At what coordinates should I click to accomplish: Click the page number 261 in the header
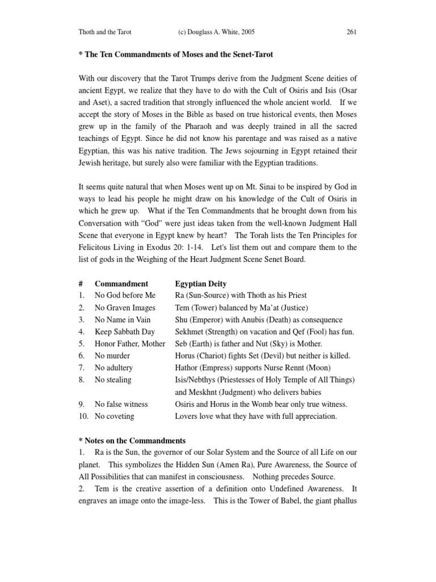tap(351, 32)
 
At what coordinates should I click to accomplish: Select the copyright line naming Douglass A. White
tap(208, 32)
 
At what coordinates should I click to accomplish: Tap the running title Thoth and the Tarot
tap(105, 32)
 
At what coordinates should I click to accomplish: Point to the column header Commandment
tap(121, 284)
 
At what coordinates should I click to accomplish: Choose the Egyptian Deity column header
tap(201, 284)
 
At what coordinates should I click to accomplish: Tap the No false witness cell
tap(121, 404)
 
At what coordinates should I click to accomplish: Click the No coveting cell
tap(115, 416)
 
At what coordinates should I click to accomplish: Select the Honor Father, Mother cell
tap(130, 344)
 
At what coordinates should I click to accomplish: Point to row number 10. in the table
tap(84, 416)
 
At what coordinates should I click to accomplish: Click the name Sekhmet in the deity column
tap(191, 331)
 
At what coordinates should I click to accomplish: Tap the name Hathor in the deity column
tap(188, 368)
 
